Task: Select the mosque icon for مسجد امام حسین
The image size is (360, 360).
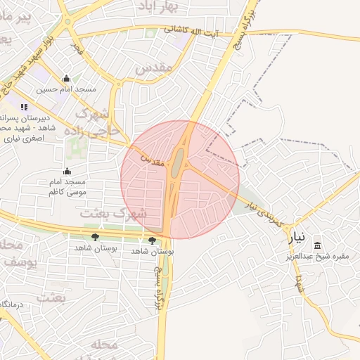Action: pos(66,78)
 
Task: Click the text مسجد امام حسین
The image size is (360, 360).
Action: pos(67,89)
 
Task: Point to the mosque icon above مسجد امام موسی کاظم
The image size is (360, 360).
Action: pos(67,171)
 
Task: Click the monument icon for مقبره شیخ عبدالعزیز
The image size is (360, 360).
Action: pos(318,245)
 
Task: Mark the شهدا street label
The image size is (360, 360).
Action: pos(300,282)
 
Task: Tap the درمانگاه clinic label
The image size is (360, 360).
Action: pos(12,304)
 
